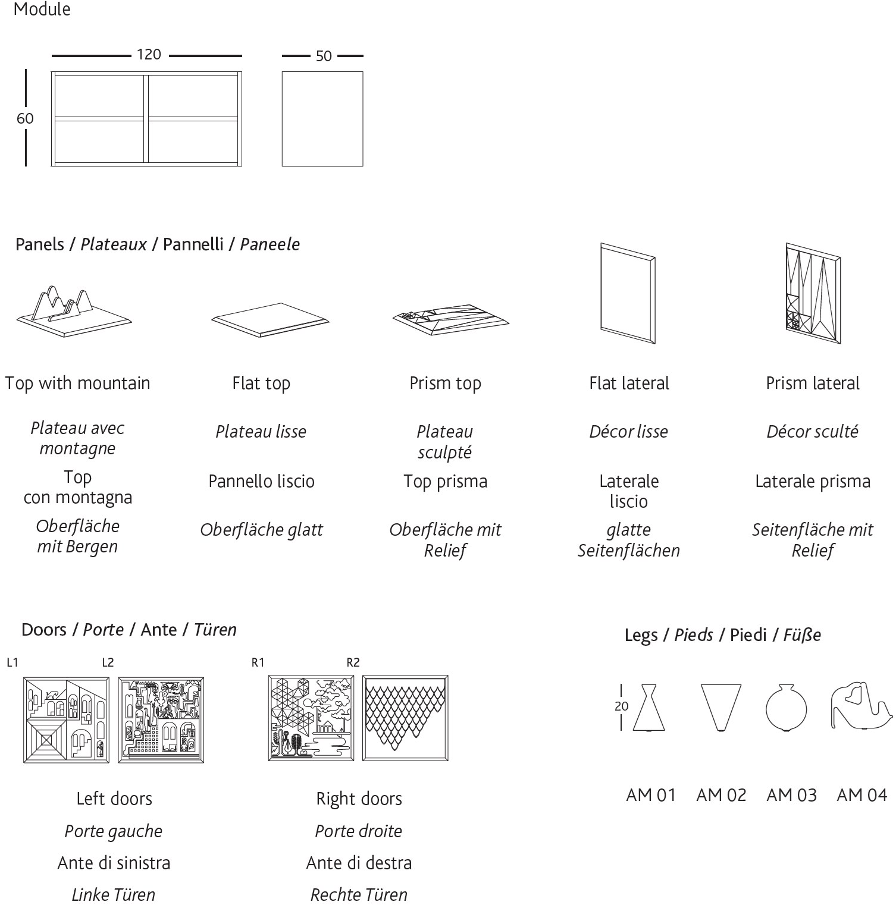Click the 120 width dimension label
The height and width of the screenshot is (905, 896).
(x=149, y=55)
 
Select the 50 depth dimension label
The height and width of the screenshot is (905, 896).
(x=324, y=56)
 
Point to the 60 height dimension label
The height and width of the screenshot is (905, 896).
(x=24, y=118)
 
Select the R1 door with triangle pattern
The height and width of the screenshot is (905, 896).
(x=311, y=717)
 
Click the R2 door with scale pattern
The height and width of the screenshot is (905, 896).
(x=407, y=717)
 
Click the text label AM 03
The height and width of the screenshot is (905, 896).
(x=791, y=795)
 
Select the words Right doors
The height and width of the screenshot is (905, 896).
(x=359, y=799)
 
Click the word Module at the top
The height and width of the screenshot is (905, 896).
(x=43, y=10)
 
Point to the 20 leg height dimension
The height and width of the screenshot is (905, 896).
(x=622, y=706)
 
